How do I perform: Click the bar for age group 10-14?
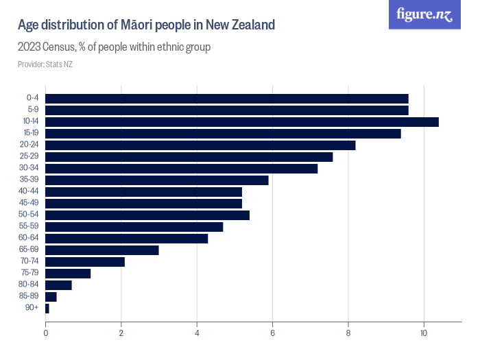click(x=241, y=121)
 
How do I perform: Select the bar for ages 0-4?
click(x=226, y=98)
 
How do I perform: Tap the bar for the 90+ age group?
click(x=47, y=309)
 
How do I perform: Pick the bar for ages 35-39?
click(x=156, y=180)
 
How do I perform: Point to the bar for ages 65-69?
click(x=101, y=250)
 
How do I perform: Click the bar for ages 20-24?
click(x=200, y=145)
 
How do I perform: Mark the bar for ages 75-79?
click(x=68, y=273)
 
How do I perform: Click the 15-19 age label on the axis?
click(x=31, y=133)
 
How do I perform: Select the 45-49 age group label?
click(x=31, y=203)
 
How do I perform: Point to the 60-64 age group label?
click(x=31, y=238)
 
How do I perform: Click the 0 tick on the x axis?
click(x=45, y=333)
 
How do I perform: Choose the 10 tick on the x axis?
click(x=424, y=333)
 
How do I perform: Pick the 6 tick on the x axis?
click(x=273, y=333)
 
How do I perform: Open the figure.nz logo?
click(x=424, y=14)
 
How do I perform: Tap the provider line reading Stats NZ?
click(x=45, y=64)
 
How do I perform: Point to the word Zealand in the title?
click(x=250, y=25)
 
